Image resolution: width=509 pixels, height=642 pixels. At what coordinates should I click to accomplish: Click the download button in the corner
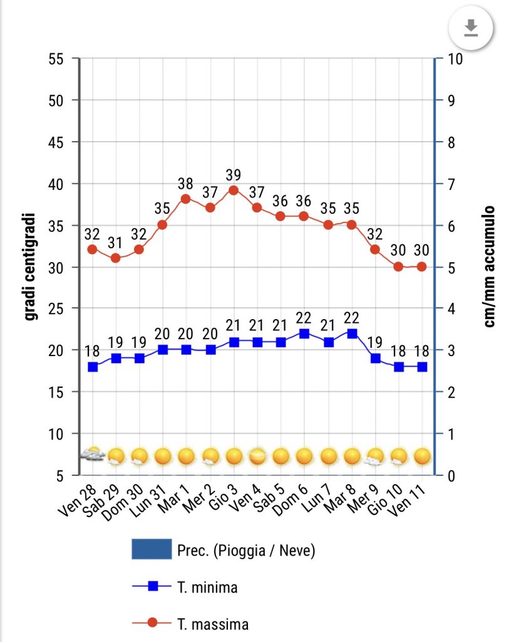point(471,28)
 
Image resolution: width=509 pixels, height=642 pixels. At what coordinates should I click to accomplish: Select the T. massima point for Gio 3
point(234,190)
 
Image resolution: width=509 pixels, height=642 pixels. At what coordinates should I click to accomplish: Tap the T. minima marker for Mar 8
point(352,334)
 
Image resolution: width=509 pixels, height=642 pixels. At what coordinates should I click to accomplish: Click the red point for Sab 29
point(116,258)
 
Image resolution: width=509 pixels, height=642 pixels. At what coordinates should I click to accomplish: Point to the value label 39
point(234,174)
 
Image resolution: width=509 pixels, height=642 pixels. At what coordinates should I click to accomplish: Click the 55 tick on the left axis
point(57,59)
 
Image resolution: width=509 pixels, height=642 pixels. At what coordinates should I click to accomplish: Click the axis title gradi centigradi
point(29,267)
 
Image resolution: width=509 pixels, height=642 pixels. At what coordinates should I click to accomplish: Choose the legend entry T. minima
point(207,587)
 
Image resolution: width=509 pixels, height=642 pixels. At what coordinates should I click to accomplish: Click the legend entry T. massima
point(212,624)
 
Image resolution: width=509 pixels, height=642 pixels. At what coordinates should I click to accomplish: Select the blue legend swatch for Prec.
point(152,550)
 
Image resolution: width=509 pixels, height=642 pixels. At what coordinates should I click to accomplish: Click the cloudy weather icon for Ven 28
point(93,455)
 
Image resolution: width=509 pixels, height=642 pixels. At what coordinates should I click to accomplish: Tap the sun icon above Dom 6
point(304,456)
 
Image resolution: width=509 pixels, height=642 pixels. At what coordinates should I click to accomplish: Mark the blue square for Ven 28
point(93,367)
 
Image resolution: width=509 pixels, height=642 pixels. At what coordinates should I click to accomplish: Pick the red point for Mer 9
point(375,250)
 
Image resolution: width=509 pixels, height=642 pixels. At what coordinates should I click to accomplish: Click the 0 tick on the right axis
point(447,475)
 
